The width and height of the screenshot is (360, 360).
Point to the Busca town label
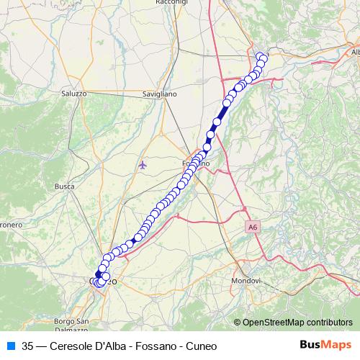pyautogui.click(x=65, y=186)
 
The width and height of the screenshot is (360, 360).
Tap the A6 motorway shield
pyautogui.click(x=251, y=228)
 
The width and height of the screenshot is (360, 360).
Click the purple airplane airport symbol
pyautogui.click(x=143, y=166)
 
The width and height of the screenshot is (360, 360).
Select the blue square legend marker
pyautogui.click(x=9, y=345)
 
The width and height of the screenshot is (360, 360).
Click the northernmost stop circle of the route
pyautogui.click(x=261, y=55)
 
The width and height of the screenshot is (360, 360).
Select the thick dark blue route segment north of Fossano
pyautogui.click(x=220, y=115)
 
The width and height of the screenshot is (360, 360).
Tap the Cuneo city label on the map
pyautogui.click(x=102, y=281)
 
